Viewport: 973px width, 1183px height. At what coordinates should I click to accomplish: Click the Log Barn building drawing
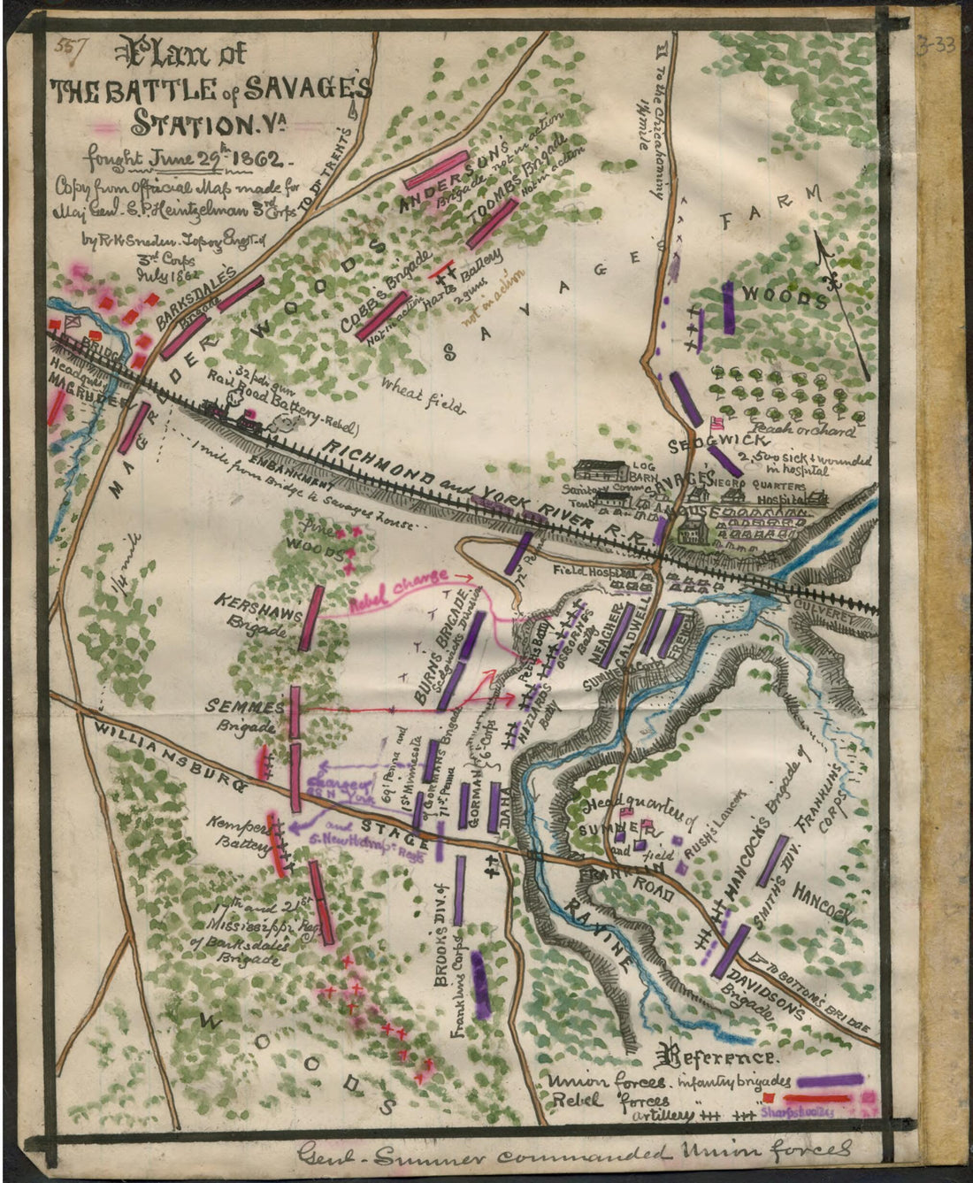[x=601, y=474]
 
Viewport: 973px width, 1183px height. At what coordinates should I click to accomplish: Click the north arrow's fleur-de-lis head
[x=831, y=283]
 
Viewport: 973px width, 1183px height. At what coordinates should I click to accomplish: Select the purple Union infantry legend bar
[x=830, y=1080]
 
